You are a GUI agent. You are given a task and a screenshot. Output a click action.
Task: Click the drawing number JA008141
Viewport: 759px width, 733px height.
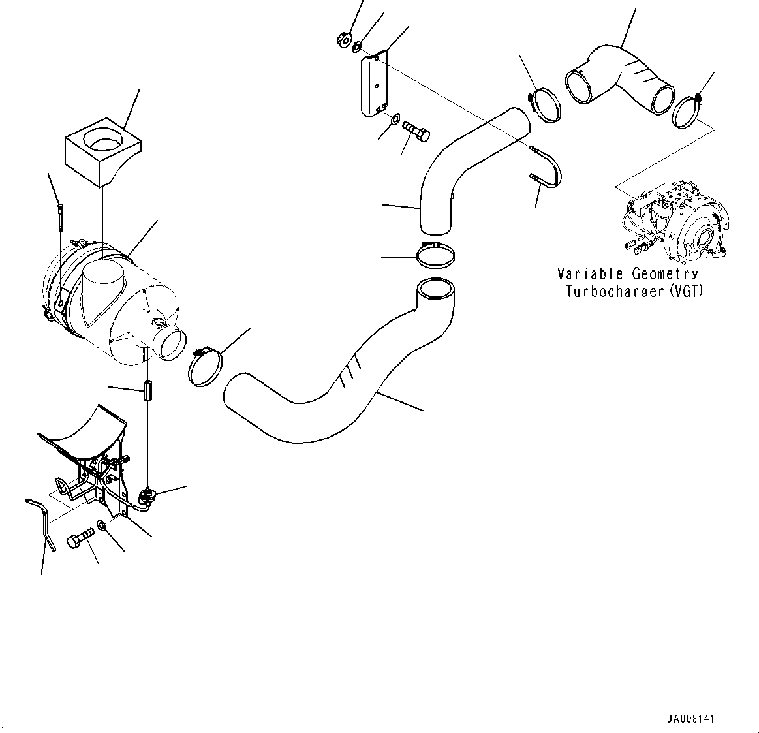pyautogui.click(x=690, y=719)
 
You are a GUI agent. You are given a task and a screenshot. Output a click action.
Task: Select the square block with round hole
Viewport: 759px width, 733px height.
pyautogui.click(x=103, y=151)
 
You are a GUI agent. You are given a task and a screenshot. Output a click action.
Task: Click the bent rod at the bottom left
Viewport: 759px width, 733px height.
pyautogui.click(x=41, y=522)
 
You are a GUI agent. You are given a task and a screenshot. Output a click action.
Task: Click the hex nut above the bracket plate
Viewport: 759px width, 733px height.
pyautogui.click(x=343, y=41)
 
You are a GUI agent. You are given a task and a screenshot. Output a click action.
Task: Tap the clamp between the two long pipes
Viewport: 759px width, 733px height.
pyautogui.click(x=434, y=255)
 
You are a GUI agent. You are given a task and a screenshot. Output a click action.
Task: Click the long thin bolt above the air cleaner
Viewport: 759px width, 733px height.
pyautogui.click(x=59, y=217)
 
